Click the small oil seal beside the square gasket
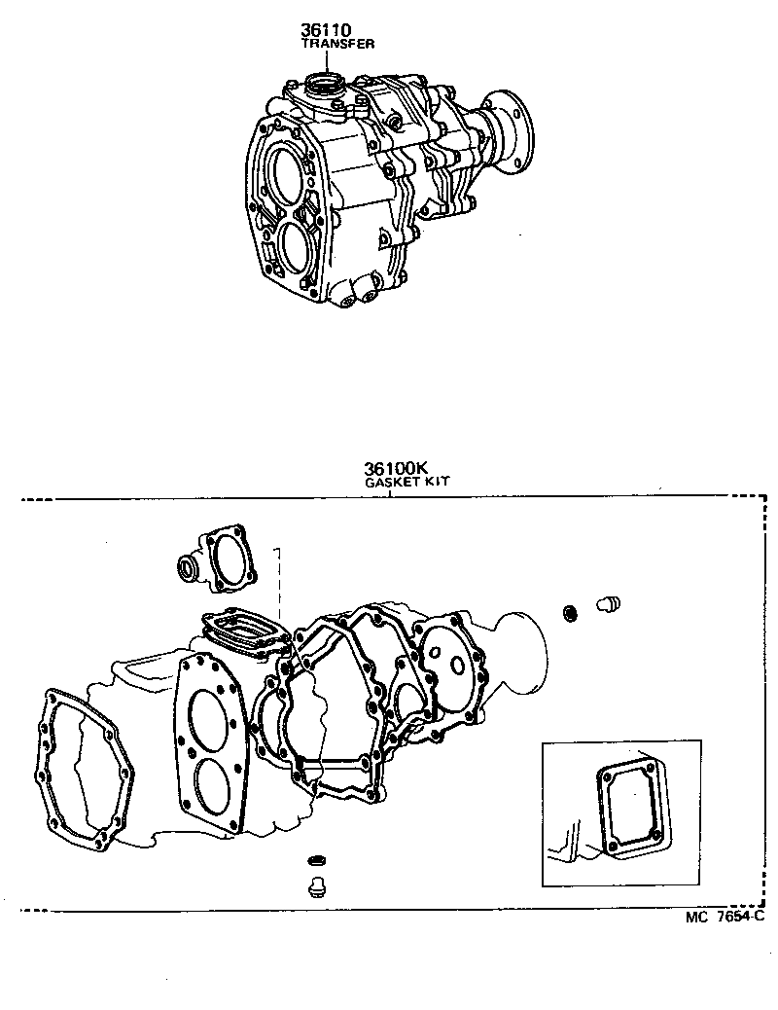(186, 568)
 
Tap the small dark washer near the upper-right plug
(571, 612)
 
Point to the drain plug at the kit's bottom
(314, 886)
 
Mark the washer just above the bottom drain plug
(314, 861)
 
